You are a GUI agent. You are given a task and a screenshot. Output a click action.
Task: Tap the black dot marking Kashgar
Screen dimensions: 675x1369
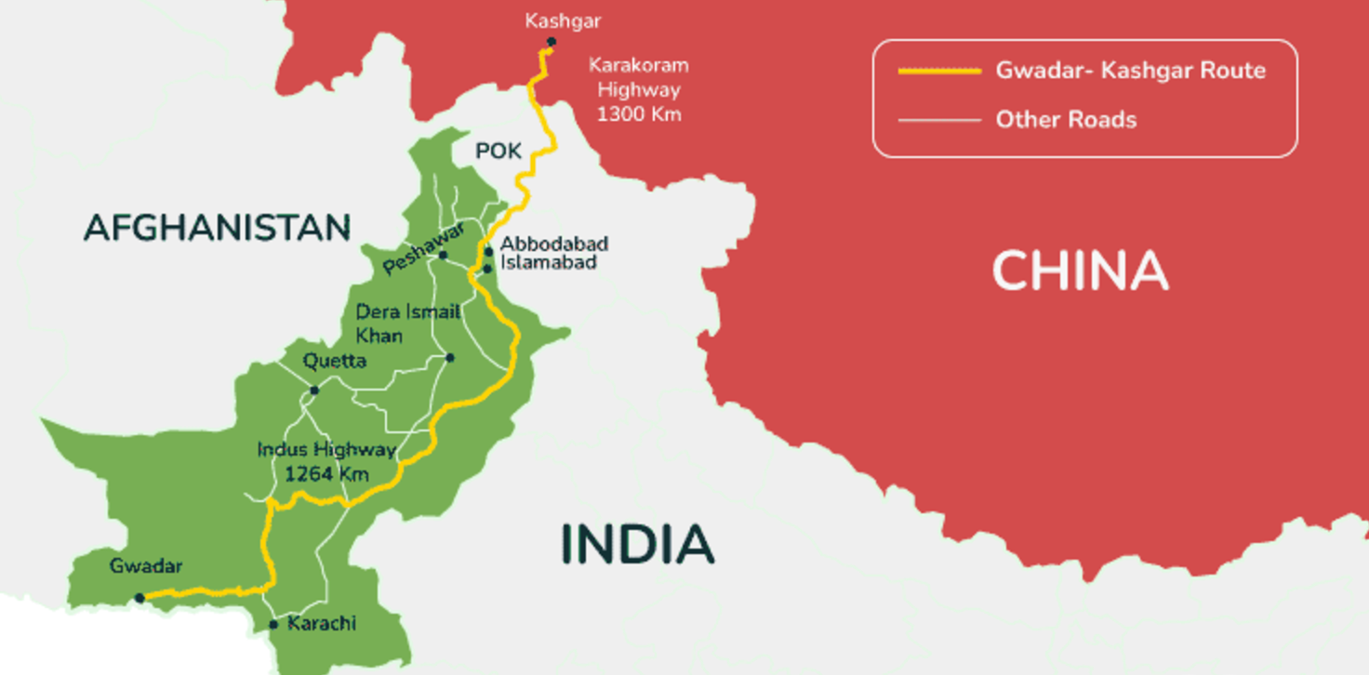(x=552, y=42)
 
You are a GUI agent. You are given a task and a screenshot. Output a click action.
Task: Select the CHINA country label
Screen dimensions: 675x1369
(x=1080, y=271)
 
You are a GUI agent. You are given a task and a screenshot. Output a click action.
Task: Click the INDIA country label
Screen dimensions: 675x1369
(x=638, y=545)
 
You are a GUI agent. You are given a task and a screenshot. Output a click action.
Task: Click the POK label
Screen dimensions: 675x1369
(x=499, y=152)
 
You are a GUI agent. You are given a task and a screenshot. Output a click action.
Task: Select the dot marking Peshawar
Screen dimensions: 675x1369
(x=443, y=255)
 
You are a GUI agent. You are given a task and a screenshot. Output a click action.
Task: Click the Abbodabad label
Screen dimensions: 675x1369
(x=554, y=244)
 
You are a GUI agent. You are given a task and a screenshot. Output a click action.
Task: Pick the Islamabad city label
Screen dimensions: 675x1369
(x=549, y=263)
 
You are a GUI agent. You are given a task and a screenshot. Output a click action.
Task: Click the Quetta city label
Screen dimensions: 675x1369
(x=335, y=361)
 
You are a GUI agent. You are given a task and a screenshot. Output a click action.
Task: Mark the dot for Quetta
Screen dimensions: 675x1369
(x=314, y=390)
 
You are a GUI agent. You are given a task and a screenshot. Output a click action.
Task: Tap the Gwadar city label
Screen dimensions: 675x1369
(x=146, y=565)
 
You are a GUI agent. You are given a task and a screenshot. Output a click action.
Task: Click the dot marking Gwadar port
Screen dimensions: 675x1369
(x=140, y=598)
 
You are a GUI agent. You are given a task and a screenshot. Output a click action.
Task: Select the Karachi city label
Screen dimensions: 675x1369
(x=322, y=623)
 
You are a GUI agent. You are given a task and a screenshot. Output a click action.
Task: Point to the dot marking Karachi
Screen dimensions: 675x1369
(x=273, y=625)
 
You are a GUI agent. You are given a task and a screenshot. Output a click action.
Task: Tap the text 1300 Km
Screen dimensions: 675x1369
(x=639, y=114)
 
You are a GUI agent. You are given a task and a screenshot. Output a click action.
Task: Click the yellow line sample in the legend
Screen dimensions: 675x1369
(x=939, y=71)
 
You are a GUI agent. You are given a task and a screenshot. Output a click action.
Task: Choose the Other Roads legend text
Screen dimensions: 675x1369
(x=1066, y=120)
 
